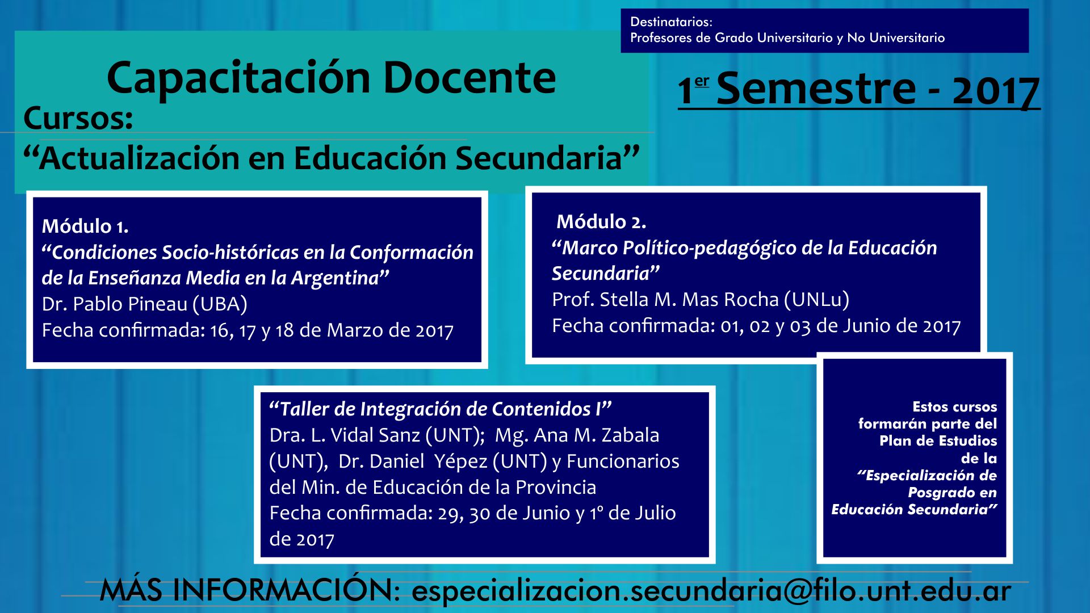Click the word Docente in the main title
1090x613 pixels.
(x=469, y=78)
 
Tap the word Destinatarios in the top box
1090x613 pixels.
(x=671, y=22)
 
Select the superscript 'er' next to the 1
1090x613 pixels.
(x=702, y=81)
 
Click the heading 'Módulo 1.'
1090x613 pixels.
(x=85, y=226)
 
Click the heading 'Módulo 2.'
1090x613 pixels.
(x=601, y=221)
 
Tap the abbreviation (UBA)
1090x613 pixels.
(x=220, y=304)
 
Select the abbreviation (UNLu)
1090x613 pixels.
(x=816, y=300)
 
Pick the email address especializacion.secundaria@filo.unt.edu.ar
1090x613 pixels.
(x=711, y=591)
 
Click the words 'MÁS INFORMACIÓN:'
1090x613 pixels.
(x=250, y=590)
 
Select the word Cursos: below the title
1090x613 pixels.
(x=78, y=118)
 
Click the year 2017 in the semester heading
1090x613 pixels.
(x=996, y=90)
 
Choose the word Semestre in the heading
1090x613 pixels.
(x=816, y=89)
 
